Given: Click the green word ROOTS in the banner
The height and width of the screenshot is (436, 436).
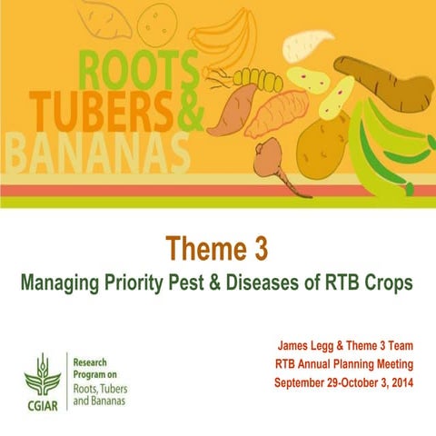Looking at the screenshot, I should click(x=140, y=69).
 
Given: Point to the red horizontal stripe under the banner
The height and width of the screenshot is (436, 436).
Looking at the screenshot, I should click(x=218, y=191).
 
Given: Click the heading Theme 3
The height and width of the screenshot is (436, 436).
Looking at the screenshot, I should click(x=218, y=250).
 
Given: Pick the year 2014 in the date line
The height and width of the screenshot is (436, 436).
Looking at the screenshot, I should click(x=398, y=381).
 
